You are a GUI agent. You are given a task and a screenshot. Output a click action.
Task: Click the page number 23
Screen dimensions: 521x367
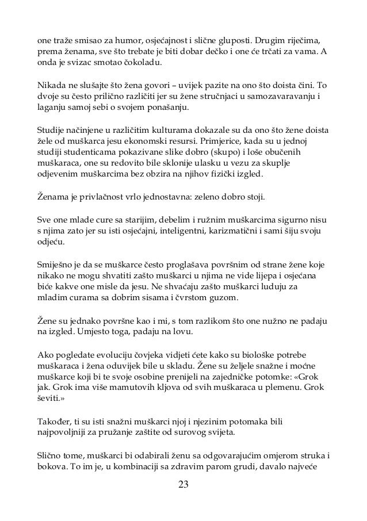tap(183, 484)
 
